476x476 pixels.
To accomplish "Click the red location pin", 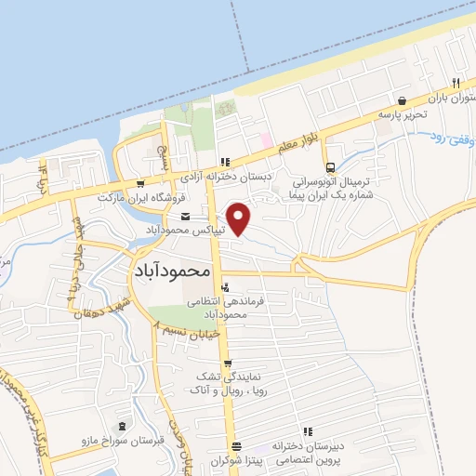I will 241,218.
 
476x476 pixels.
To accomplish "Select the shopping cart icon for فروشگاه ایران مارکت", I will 139,183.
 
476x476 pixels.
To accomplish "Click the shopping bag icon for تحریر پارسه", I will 402,100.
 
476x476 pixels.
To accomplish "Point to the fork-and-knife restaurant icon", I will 456,81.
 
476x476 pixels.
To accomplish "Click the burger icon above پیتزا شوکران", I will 237,445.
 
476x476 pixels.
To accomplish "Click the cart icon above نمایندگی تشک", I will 228,364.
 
